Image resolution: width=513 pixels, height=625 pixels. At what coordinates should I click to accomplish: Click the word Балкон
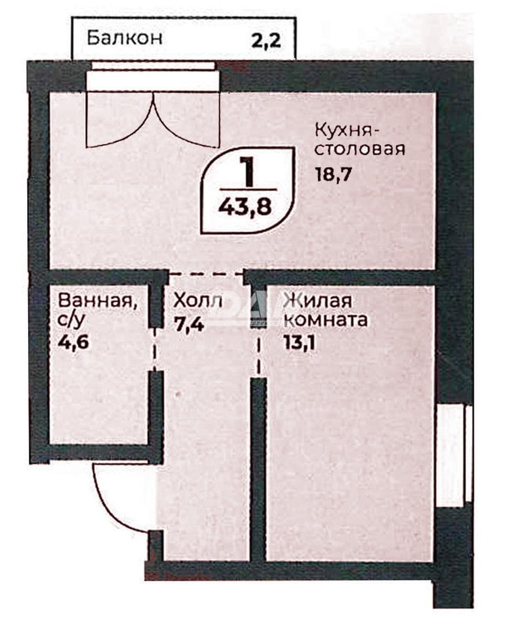tap(125, 39)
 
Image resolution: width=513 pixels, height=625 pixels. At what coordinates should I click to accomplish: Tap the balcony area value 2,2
tap(266, 40)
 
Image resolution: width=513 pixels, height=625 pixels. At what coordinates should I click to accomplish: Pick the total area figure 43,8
tap(245, 207)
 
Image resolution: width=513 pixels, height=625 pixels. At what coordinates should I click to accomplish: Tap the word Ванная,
tap(98, 302)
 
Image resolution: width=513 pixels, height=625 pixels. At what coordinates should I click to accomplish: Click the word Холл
tap(197, 301)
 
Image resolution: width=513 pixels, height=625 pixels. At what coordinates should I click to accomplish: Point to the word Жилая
tap(318, 301)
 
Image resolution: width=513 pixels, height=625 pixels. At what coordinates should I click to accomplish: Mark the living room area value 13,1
tap(300, 343)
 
